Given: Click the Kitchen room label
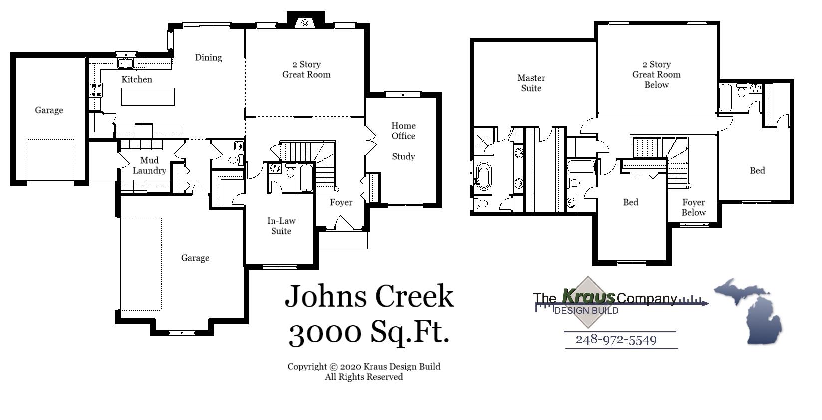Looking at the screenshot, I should [137, 79].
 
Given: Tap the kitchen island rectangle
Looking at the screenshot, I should [148, 97].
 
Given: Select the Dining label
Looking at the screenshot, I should [208, 57].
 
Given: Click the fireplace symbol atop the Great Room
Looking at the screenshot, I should [304, 22].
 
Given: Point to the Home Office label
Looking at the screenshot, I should [403, 131].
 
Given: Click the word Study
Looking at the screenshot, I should [403, 156].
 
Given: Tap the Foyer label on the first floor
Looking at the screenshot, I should [341, 202].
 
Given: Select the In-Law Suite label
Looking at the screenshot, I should [281, 226].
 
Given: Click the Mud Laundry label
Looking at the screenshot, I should [149, 165].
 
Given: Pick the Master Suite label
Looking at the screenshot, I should [531, 83].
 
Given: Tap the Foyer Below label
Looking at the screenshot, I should [694, 207].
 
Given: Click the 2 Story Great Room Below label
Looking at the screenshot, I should [656, 74].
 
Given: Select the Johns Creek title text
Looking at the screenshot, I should [369, 296].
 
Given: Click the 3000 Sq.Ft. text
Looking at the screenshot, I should [369, 331].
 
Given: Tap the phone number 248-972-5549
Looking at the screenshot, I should [616, 340].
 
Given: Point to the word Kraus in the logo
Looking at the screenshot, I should [589, 296].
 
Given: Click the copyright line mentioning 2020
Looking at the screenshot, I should [363, 367].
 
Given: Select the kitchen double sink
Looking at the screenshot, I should [125, 63].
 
